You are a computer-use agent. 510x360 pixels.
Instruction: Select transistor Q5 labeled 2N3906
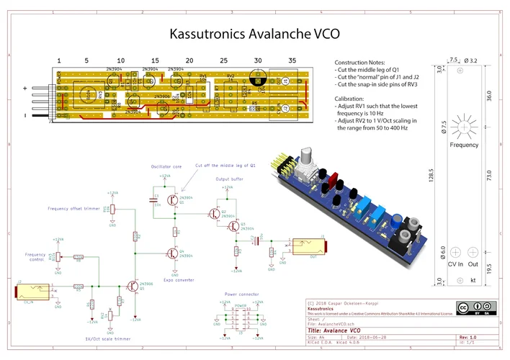[x=134, y=286]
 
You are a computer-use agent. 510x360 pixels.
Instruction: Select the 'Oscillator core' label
[x=166, y=166]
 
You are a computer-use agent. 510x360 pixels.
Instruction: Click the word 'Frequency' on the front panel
[x=465, y=145]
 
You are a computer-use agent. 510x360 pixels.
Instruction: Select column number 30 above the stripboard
[x=258, y=60]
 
